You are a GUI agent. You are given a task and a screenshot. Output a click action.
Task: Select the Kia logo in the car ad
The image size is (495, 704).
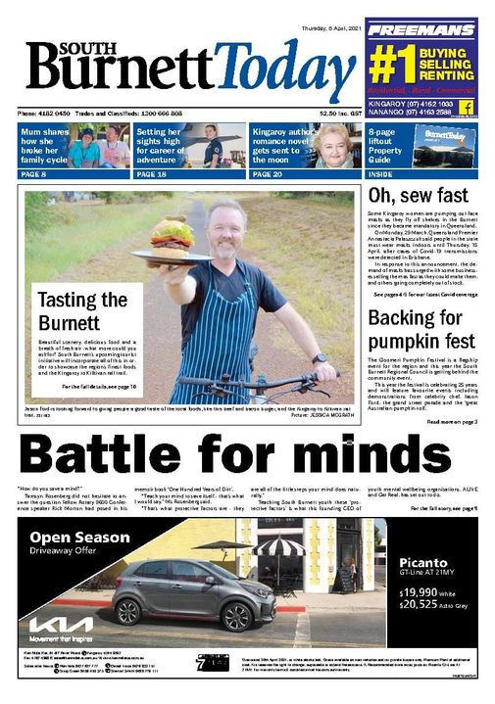coord(60,624)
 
